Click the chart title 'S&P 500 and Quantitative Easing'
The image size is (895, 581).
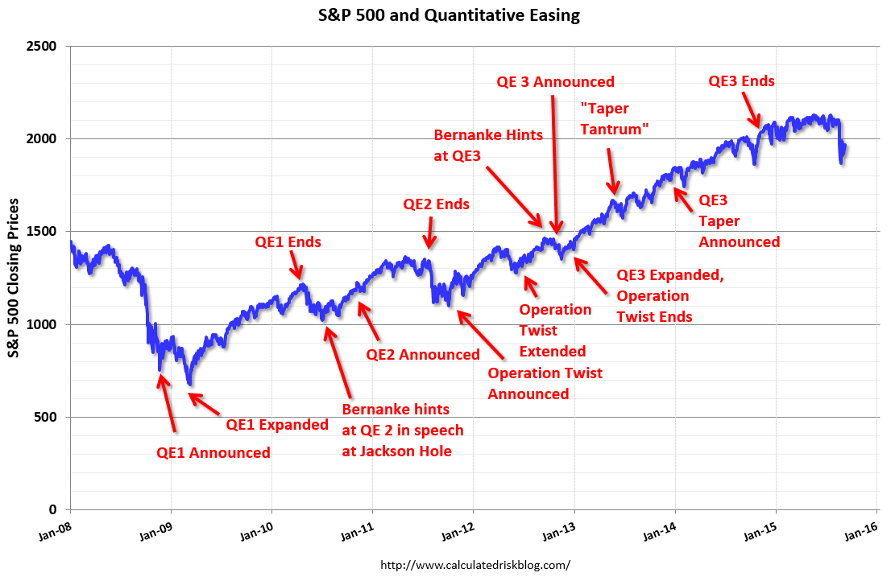[449, 14]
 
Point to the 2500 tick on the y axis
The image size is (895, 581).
[41, 46]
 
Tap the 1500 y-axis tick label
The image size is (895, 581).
[41, 232]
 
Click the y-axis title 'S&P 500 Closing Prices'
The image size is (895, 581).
[14, 278]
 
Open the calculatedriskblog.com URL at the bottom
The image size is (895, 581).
[475, 565]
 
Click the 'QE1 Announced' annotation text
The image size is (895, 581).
[213, 453]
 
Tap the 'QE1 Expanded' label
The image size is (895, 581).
[277, 425]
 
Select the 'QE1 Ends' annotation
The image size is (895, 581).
[288, 242]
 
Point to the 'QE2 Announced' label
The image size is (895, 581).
[423, 355]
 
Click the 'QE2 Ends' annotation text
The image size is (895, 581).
[437, 204]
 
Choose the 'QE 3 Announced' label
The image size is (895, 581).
[555, 81]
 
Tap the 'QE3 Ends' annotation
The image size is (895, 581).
[741, 81]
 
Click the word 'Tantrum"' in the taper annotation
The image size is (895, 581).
[615, 130]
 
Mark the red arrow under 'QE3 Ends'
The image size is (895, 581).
[751, 109]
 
